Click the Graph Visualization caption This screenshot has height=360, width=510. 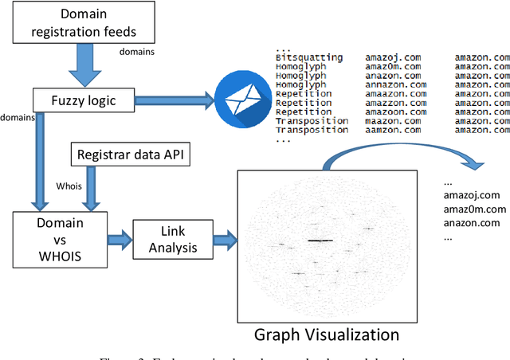tap(327, 335)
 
